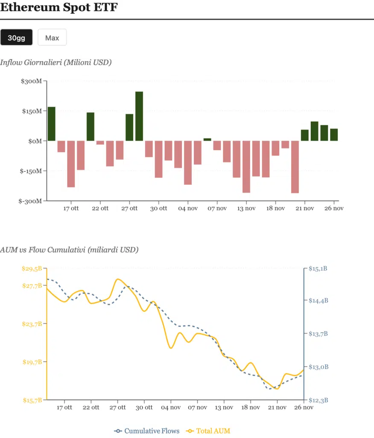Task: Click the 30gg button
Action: (17, 38)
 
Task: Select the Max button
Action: (52, 38)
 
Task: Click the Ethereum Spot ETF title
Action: (58, 7)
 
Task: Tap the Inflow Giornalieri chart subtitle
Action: (56, 62)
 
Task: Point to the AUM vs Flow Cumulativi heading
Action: (69, 250)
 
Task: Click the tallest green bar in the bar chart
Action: (139, 116)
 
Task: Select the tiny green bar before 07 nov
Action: (207, 139)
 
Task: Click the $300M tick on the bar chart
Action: (32, 81)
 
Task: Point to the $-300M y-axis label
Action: (30, 201)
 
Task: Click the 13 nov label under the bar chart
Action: (246, 208)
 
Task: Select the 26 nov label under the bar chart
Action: (334, 208)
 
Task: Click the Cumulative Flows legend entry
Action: (147, 431)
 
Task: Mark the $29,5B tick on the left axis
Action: (32, 269)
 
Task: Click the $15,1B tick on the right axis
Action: (318, 269)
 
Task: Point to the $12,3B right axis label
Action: (318, 400)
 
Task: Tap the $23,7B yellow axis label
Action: (32, 324)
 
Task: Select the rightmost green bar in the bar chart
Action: (334, 135)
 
